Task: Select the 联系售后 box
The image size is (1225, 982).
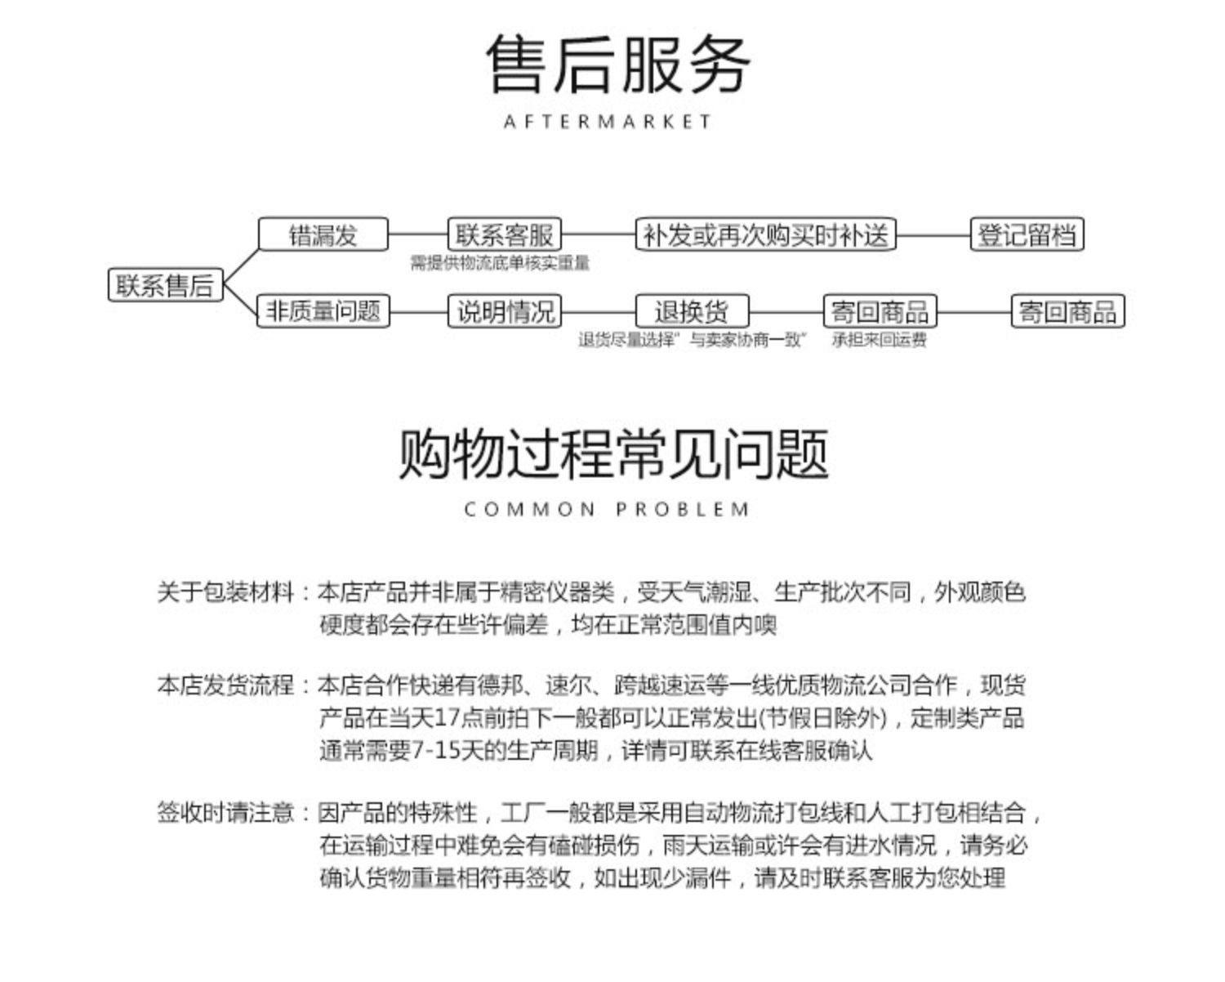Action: [x=165, y=285]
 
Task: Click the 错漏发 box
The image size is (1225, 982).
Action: [x=323, y=234]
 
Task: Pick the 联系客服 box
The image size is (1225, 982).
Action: [x=505, y=234]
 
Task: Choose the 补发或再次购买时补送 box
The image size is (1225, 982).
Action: [x=765, y=234]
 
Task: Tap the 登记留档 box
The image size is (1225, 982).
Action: [x=1027, y=234]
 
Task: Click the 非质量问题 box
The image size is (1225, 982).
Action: [x=323, y=311]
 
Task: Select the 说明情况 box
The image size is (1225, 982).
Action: [x=505, y=311]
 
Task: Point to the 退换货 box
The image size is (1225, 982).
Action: [x=692, y=311]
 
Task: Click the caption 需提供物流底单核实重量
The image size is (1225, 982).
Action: [x=499, y=263]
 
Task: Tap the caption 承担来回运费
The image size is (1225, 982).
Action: [x=880, y=340]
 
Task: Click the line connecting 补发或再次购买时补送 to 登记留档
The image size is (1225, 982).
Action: [x=933, y=235]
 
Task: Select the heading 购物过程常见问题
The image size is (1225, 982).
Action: [x=612, y=454]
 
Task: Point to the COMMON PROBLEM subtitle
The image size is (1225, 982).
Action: [x=607, y=510]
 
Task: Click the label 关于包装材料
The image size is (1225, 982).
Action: [x=225, y=591]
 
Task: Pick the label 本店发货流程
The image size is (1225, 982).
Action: [x=225, y=685]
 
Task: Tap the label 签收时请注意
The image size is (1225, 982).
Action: [x=225, y=813]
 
